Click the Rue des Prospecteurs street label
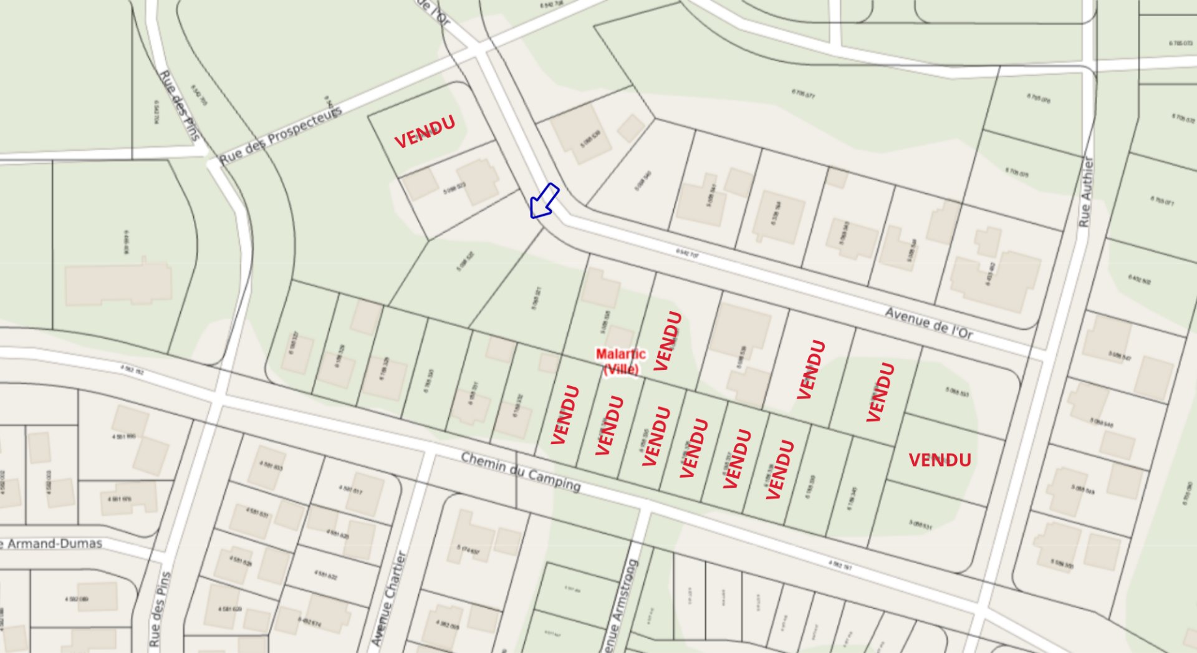coord(281,135)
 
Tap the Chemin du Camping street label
coord(521,472)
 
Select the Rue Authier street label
coord(1086,191)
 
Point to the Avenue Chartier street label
coord(389,597)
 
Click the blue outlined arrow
coord(544,201)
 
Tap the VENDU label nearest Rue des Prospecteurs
coord(425,132)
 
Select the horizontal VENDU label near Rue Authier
coord(940,460)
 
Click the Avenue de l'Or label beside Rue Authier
coord(929,323)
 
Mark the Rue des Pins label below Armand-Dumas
coord(159,608)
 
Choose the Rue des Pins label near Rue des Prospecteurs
coord(180,105)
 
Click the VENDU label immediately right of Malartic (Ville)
coord(667,341)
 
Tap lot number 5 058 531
coord(920,525)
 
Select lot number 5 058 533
coord(957,392)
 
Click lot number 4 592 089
coord(77,599)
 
